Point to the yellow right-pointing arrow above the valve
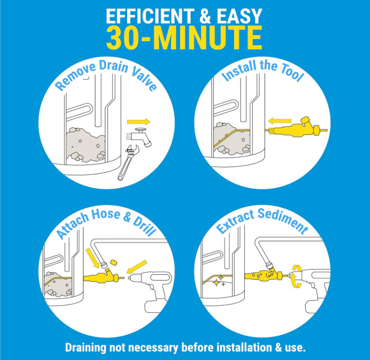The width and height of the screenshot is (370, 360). click(139, 122)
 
